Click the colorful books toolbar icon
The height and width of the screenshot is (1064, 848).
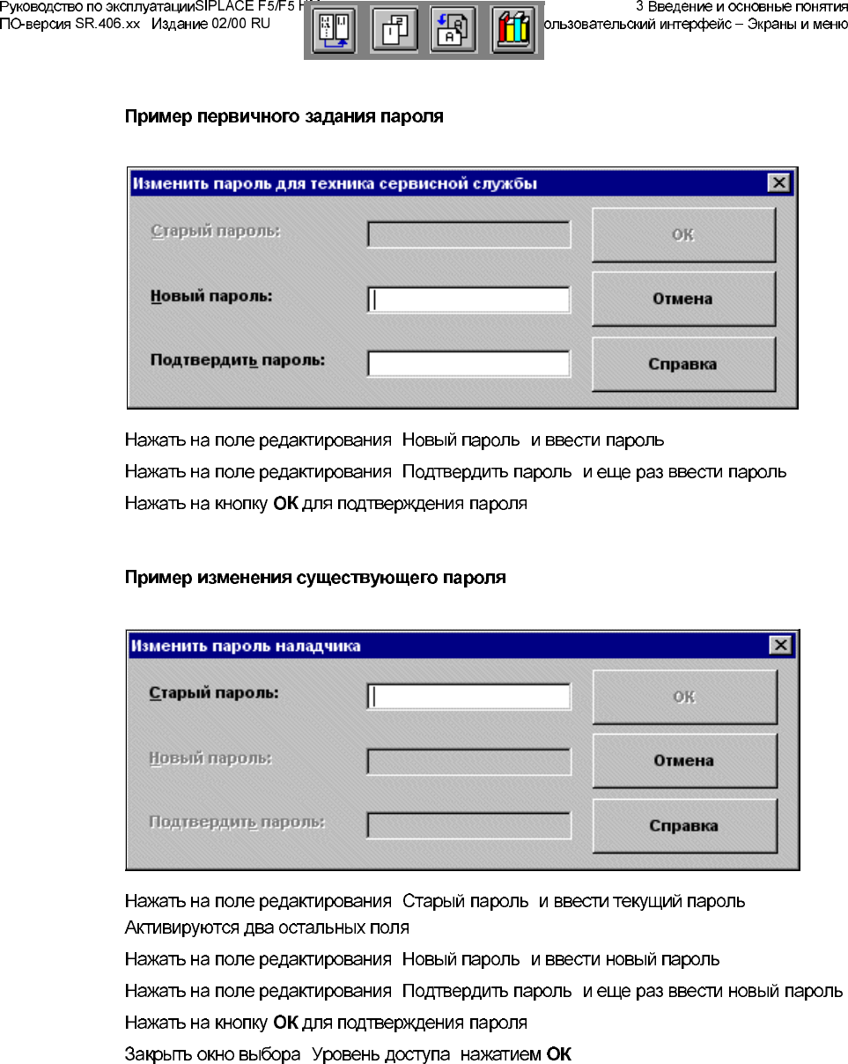point(512,31)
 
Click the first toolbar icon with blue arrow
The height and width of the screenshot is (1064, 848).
point(335,31)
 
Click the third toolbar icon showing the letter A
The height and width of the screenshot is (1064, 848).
point(453,31)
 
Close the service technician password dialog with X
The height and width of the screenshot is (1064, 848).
point(778,183)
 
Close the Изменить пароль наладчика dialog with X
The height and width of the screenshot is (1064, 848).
point(779,646)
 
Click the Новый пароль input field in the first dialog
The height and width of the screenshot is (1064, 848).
point(468,299)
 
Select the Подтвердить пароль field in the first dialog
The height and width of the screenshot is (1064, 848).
point(468,364)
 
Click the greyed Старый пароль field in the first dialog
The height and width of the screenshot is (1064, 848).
point(468,234)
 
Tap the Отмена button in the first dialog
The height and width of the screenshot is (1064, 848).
point(682,299)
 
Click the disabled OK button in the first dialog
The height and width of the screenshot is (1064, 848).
point(682,234)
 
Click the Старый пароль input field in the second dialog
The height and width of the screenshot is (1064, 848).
point(468,697)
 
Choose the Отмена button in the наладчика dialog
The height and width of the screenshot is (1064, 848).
point(683,761)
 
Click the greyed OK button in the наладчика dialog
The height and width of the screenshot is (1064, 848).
point(683,697)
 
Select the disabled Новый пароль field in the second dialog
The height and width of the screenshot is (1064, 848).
point(468,761)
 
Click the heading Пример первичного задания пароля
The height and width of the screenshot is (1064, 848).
point(284,116)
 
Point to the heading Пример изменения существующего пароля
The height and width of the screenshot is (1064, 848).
point(315,578)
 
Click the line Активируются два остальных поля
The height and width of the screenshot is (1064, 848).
point(267,928)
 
